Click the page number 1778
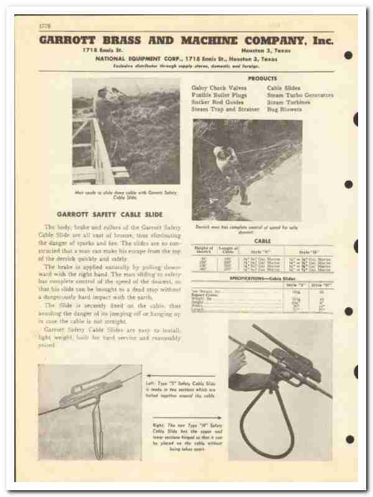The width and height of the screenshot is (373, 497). click(x=44, y=25)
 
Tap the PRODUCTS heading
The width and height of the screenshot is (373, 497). click(x=262, y=79)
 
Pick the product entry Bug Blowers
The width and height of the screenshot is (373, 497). click(x=284, y=109)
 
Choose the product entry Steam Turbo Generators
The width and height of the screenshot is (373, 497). click(x=300, y=96)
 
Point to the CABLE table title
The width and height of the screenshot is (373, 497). click(x=262, y=240)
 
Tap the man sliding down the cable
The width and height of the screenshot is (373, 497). click(x=228, y=168)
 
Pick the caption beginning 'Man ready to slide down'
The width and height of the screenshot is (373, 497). click(x=126, y=192)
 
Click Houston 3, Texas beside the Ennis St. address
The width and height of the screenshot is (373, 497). click(x=269, y=51)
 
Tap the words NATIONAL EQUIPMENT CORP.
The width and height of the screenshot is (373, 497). click(x=132, y=58)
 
